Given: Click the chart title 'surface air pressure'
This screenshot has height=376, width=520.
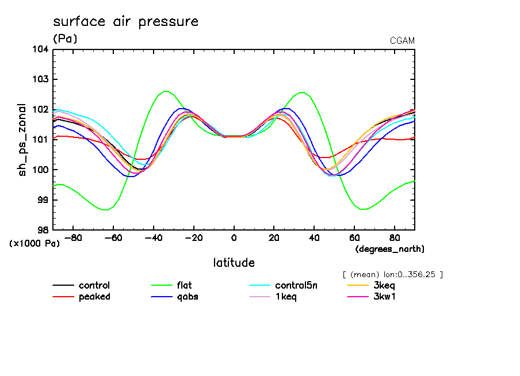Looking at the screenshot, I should coord(125,22).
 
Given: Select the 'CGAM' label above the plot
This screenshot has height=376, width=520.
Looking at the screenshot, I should coord(402,40).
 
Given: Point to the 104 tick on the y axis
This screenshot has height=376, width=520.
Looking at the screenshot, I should coord(40,49).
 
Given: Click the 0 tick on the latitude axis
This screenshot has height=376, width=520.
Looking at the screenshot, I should coord(234,237).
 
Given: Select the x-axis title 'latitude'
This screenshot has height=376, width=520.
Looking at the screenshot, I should coord(234,263).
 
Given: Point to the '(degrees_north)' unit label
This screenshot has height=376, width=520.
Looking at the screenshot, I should coord(390,248).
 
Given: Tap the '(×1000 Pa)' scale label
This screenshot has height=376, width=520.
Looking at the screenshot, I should coord(35,243).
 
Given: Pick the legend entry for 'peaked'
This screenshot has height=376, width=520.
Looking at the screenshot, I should coord(94,297).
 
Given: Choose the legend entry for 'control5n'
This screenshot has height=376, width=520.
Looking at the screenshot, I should coord(296,285).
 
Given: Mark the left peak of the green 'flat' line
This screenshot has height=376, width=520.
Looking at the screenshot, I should coord(166,91).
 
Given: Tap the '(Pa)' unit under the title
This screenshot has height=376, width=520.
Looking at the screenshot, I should coord(65,39).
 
